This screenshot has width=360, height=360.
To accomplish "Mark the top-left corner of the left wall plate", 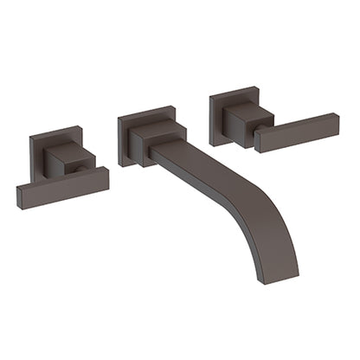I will click(x=30, y=136).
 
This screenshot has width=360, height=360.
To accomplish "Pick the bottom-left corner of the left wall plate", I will click(x=33, y=183).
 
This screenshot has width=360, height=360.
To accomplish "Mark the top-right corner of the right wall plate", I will click(x=257, y=87).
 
